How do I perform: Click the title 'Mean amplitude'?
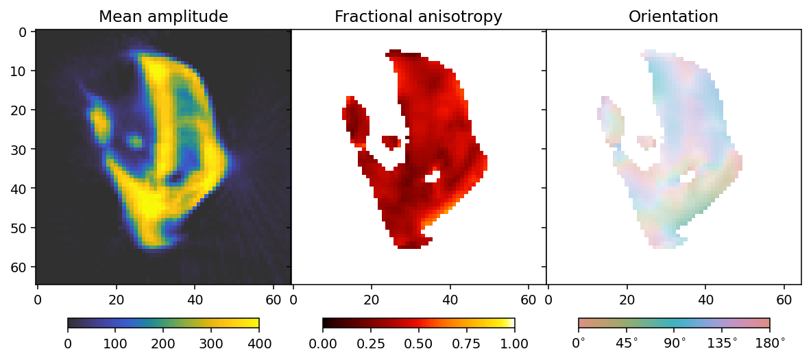[x=163, y=16]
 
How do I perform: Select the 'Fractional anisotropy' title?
[x=418, y=16]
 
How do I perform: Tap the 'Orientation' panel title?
[x=673, y=16]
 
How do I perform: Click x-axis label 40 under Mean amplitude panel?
[x=195, y=300]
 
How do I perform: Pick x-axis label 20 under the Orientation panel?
[x=627, y=300]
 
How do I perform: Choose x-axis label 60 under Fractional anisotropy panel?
[x=529, y=300]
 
